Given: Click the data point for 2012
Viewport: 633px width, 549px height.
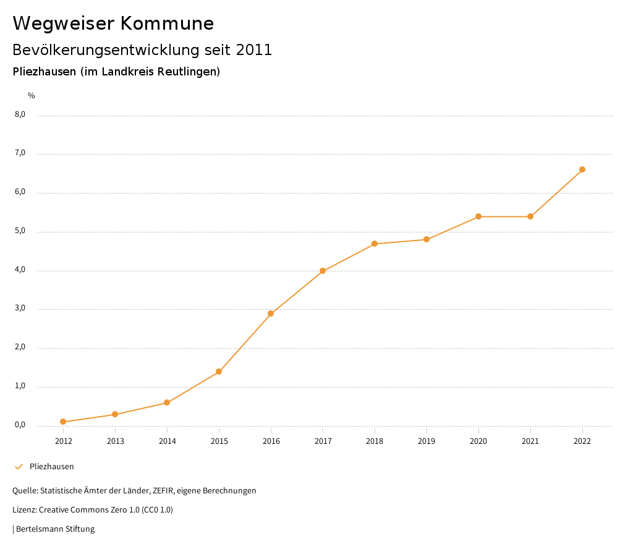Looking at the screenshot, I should pos(63,422).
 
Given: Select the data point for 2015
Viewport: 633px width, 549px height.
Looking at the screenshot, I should pos(219,372).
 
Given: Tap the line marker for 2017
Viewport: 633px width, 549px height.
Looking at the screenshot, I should pos(323,271).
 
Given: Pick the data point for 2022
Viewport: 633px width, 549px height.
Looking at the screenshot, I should pos(582,169).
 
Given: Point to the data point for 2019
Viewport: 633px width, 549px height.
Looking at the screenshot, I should pos(427,239).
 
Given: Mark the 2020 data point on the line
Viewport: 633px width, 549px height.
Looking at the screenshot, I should pos(478,216).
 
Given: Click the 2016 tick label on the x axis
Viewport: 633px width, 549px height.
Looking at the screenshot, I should pos(271,441).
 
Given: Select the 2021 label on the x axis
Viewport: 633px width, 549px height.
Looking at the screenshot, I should pos(530,441).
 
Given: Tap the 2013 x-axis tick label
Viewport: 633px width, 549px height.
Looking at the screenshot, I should pos(115,441).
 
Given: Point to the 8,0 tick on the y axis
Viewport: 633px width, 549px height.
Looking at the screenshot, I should pos(20,114).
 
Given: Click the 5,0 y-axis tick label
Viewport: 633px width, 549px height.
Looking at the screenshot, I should pos(20,231).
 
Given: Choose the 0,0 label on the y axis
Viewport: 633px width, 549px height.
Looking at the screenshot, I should pos(20,425).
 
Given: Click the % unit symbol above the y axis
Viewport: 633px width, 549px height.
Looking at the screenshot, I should pos(32,96).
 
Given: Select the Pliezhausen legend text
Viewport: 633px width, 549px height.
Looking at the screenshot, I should pos(51,467).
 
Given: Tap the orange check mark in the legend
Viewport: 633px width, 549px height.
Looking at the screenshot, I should pos(19,467).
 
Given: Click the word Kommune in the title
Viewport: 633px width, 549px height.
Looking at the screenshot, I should pos(167,23).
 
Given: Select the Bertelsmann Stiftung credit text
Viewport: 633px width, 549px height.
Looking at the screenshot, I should pos(55,529).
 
